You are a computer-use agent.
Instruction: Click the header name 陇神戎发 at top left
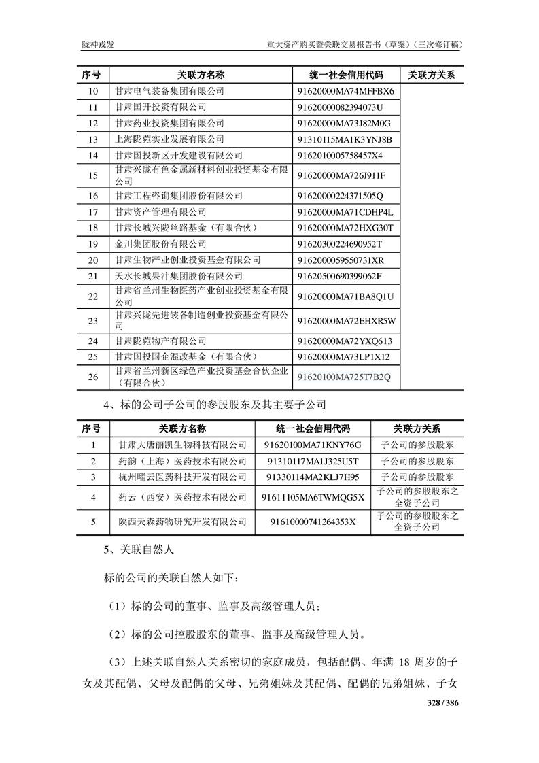click(x=99, y=44)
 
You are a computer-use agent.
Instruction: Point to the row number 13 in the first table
click(x=94, y=139)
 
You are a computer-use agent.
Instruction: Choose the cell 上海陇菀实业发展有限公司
click(x=169, y=139)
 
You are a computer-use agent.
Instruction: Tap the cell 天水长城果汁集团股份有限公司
click(x=179, y=276)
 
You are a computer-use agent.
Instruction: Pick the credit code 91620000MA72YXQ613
click(x=345, y=341)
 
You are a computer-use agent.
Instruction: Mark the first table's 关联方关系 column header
click(x=432, y=74)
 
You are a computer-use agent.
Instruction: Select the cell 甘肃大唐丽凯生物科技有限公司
click(x=182, y=445)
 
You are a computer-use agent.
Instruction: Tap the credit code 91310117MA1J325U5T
click(x=313, y=461)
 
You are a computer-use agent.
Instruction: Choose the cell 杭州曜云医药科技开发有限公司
click(x=182, y=477)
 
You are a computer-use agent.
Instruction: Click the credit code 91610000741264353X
click(x=313, y=522)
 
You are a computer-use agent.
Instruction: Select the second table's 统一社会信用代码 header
click(x=313, y=428)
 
